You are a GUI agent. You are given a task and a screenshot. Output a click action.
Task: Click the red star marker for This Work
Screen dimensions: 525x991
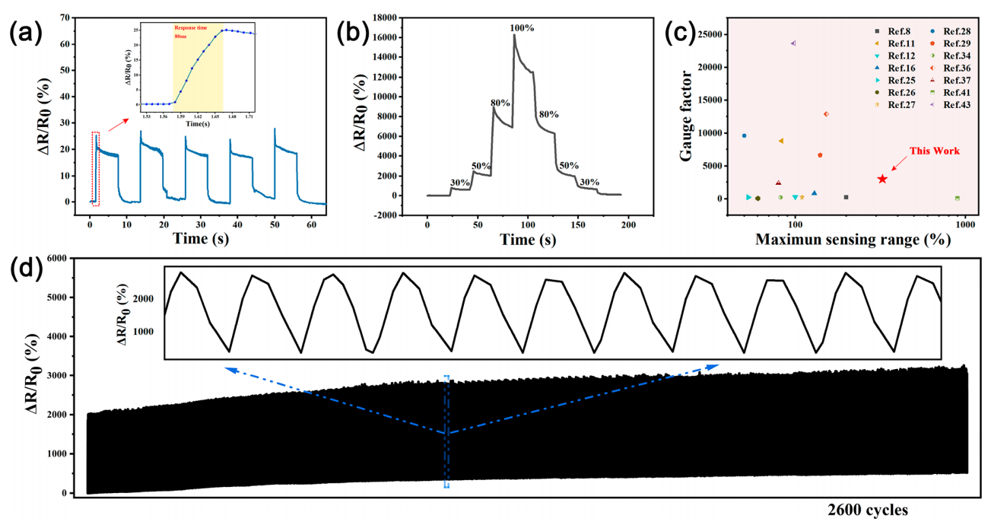[882, 179]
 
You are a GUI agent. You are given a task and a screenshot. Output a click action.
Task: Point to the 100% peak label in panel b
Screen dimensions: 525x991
[522, 28]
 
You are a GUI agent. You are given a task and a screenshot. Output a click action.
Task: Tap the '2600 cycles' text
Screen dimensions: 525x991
[868, 510]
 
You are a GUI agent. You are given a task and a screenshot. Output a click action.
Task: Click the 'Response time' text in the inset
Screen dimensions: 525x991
[192, 27]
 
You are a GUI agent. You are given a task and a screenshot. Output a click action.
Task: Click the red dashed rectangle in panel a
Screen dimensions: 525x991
[95, 167]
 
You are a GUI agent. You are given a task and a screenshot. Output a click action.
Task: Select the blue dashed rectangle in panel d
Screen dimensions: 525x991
[446, 431]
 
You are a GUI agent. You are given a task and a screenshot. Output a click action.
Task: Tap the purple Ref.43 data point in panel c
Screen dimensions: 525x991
[793, 43]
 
